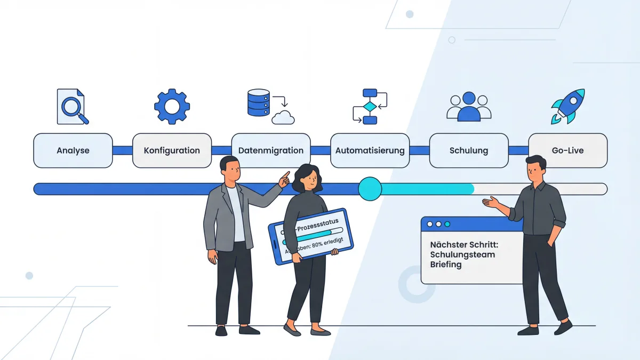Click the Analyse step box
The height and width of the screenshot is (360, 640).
pyautogui.click(x=73, y=150)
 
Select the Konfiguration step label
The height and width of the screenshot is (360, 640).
pyautogui.click(x=172, y=150)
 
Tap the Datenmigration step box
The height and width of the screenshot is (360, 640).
pyautogui.click(x=271, y=150)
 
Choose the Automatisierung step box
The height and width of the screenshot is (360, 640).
pyautogui.click(x=370, y=150)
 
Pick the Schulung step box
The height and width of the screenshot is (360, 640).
pyautogui.click(x=469, y=150)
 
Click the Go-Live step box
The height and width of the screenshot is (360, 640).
pyautogui.click(x=567, y=150)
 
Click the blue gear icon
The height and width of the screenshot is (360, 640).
pyautogui.click(x=172, y=107)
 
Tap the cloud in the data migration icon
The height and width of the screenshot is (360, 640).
pyautogui.click(x=283, y=117)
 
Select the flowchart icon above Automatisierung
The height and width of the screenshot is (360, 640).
pyautogui.click(x=370, y=107)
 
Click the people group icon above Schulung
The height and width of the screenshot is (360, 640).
pyautogui.click(x=469, y=106)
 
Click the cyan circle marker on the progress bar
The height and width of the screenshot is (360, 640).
pyautogui.click(x=370, y=189)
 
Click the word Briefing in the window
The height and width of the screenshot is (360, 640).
pyautogui.click(x=446, y=265)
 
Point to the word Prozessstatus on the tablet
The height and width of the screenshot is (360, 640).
pyautogui.click(x=318, y=227)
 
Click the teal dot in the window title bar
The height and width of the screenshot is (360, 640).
pyautogui.click(x=447, y=224)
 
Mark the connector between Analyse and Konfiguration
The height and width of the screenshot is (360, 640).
pyautogui.click(x=122, y=150)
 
